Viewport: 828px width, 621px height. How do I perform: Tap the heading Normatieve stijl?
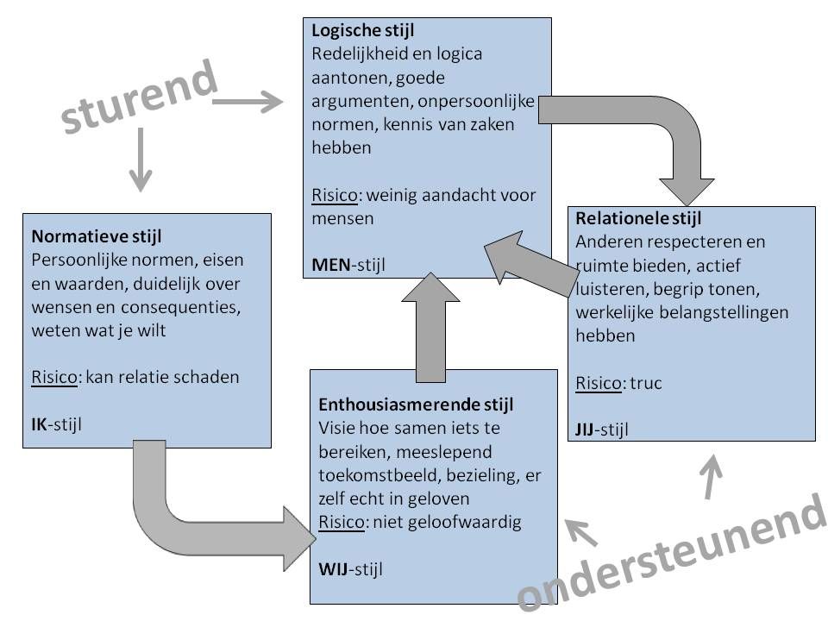coord(97,235)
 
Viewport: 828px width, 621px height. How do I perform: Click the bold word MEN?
coord(329,263)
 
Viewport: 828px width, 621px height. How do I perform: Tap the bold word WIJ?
coord(333,569)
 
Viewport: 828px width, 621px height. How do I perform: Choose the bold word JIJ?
coord(588,428)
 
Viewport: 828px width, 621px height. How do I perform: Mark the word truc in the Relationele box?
coord(645,383)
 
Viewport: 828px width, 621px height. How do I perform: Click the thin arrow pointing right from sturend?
coord(248,103)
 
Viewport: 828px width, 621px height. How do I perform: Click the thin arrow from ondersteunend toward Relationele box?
coord(711,479)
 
